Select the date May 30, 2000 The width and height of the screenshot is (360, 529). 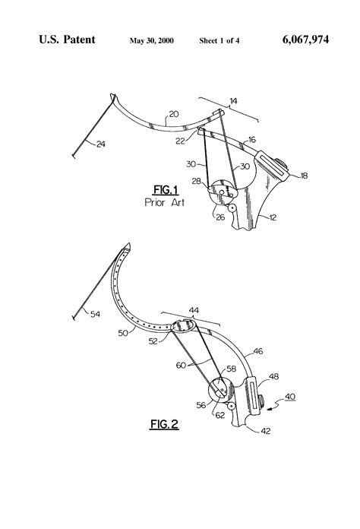152,39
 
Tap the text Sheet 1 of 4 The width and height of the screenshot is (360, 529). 219,39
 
